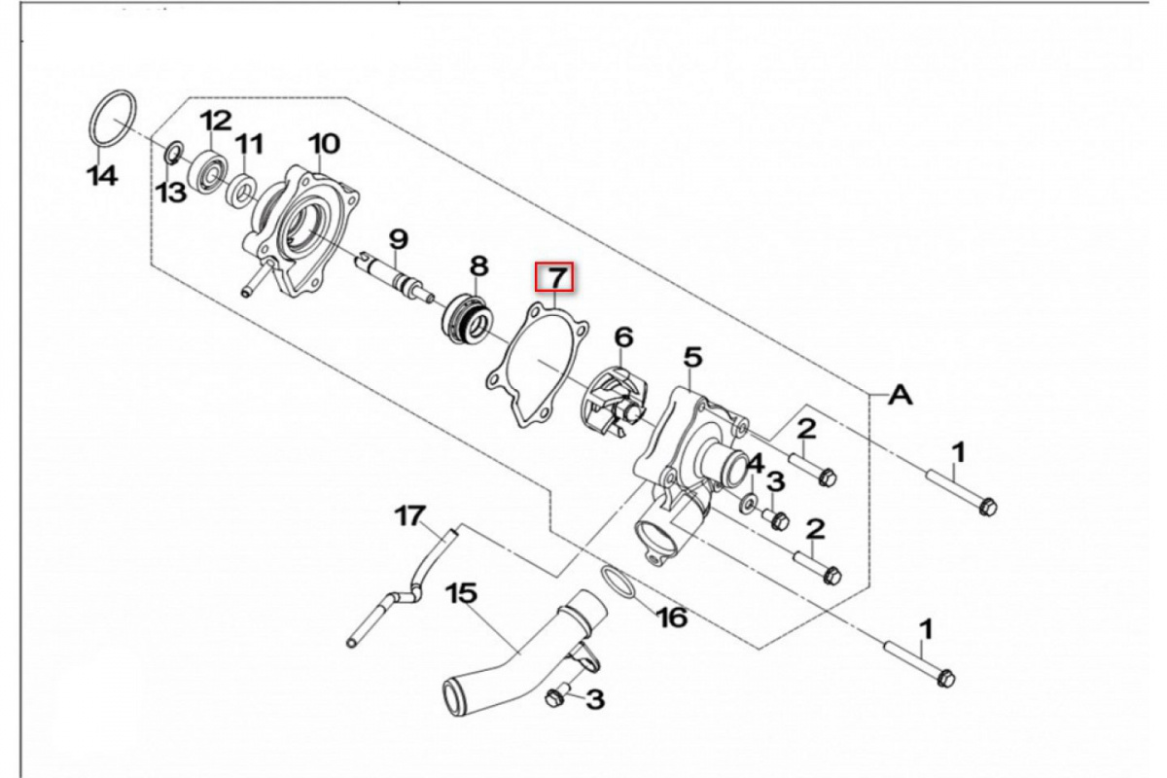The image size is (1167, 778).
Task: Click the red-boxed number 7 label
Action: tap(555, 278)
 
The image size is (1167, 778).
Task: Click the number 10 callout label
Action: tap(324, 144)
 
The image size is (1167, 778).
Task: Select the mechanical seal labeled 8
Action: tap(465, 316)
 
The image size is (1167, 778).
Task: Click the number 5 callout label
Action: tap(692, 358)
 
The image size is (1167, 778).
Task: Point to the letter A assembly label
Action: tap(902, 395)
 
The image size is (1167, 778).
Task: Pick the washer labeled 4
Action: tap(752, 502)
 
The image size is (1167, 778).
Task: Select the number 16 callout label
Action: tap(672, 618)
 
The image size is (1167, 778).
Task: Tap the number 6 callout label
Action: tap(623, 337)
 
